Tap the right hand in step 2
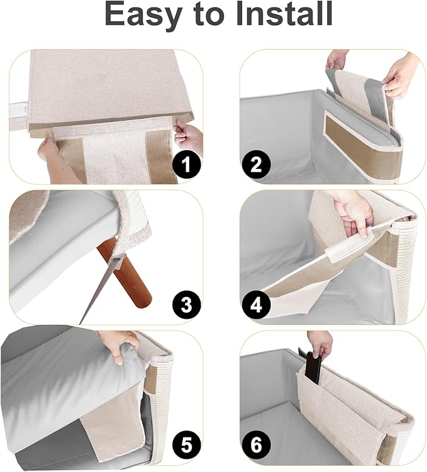(401, 74)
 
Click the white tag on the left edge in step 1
(18, 113)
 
